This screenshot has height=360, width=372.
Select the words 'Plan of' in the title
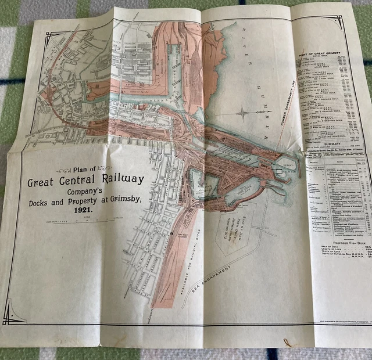(x=88, y=170)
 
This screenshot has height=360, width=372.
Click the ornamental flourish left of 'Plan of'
(x=64, y=170)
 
